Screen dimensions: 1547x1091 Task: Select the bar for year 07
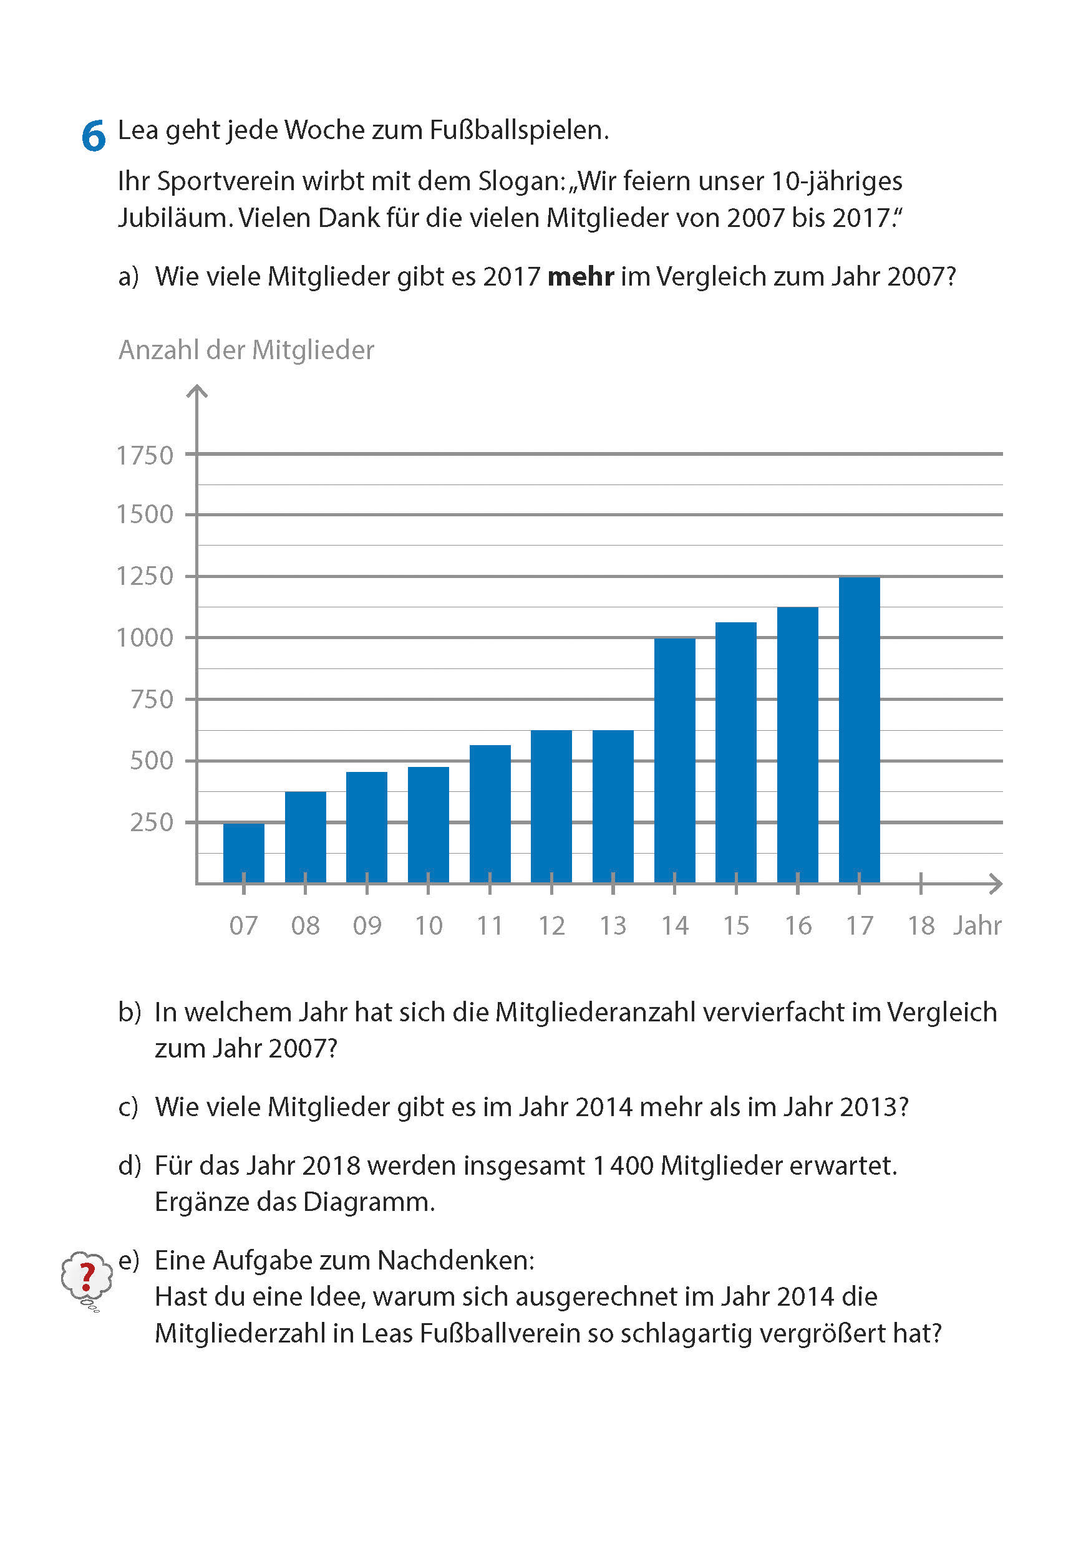(243, 852)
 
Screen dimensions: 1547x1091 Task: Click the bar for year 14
(674, 760)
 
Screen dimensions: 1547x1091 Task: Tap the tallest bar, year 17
(858, 729)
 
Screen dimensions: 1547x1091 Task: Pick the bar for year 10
(428, 825)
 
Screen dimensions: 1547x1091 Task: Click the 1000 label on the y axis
(145, 638)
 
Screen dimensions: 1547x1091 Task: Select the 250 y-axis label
(152, 822)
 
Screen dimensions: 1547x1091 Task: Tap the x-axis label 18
(921, 926)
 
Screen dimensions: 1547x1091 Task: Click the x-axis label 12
(551, 926)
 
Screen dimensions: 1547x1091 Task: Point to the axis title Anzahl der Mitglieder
(246, 350)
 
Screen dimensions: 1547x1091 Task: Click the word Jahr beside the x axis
(977, 926)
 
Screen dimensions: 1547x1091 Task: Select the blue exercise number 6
(94, 135)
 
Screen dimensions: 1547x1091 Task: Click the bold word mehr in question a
(580, 277)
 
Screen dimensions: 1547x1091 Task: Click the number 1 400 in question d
(623, 1165)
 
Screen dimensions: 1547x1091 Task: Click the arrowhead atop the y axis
(196, 392)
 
